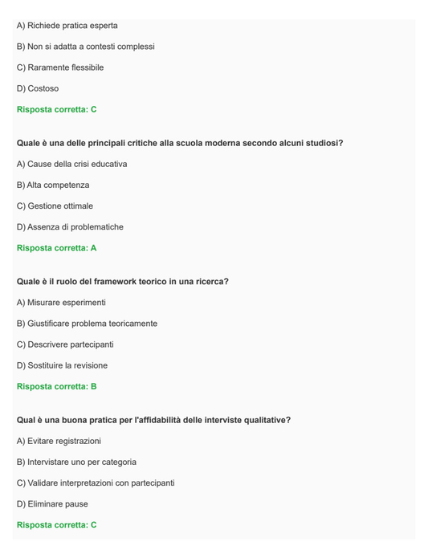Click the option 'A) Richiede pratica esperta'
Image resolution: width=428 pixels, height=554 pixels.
[x=67, y=26]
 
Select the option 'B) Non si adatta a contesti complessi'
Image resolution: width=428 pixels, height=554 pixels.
[x=85, y=47]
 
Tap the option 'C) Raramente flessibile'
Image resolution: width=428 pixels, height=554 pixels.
[x=60, y=67]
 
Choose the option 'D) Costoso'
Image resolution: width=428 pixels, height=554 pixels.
[x=38, y=88]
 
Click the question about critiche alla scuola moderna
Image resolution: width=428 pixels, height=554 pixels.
[x=180, y=143]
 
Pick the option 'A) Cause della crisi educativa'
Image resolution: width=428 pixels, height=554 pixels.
[x=71, y=164]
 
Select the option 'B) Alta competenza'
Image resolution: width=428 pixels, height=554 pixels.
[x=53, y=185]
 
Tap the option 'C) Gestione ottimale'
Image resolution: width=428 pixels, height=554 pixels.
[x=55, y=206]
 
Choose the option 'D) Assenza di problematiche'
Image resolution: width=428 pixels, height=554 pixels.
[x=70, y=226]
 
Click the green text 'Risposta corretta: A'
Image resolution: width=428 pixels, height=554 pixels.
[x=56, y=248]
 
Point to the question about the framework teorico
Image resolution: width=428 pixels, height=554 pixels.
[x=122, y=282]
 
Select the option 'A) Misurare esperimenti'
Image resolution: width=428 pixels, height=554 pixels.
[x=61, y=303]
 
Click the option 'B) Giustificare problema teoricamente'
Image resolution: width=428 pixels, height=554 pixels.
[x=87, y=324]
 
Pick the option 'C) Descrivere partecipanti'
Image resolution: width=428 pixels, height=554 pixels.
[x=65, y=344]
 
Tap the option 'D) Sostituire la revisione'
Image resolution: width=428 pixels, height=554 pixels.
[x=62, y=365]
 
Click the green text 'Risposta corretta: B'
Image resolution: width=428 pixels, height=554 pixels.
[x=56, y=386]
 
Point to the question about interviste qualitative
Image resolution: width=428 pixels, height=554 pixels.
[x=153, y=420]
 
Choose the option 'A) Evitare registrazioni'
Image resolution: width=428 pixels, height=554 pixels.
[x=59, y=441]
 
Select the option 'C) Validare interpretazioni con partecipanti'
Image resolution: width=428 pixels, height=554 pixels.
[x=96, y=483]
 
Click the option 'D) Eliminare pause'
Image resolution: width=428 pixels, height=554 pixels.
[x=52, y=503]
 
